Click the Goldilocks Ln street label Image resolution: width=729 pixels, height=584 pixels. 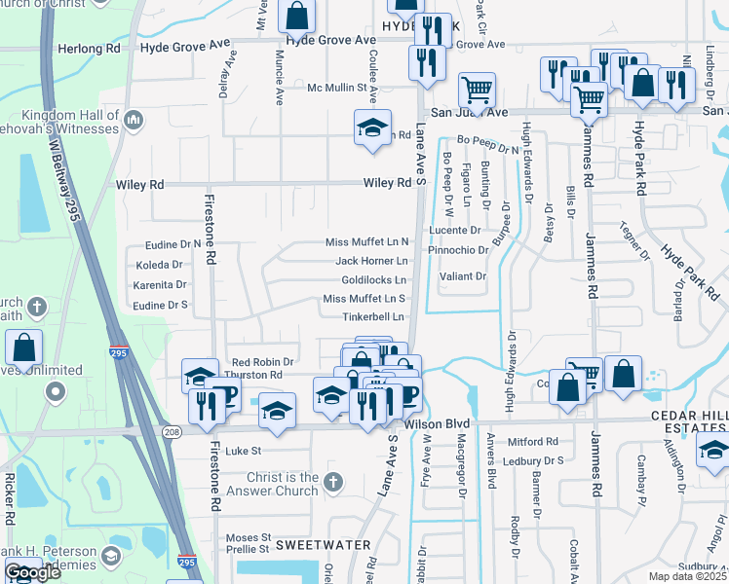(x=374, y=280)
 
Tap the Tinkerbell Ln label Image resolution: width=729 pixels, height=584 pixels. (x=372, y=317)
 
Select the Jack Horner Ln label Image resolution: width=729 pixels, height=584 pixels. (x=371, y=261)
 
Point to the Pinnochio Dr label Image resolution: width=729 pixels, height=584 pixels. (x=457, y=250)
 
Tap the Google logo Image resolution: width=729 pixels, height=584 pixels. (x=32, y=572)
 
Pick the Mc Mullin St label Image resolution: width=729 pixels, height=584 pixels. (x=342, y=88)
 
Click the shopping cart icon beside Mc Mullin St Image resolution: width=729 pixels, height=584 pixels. (x=477, y=90)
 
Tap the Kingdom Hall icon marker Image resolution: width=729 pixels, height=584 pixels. (x=134, y=122)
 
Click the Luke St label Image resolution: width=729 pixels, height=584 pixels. (x=244, y=451)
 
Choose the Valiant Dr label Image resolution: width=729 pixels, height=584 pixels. (x=463, y=276)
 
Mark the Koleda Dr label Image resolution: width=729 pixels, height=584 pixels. (x=160, y=264)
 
